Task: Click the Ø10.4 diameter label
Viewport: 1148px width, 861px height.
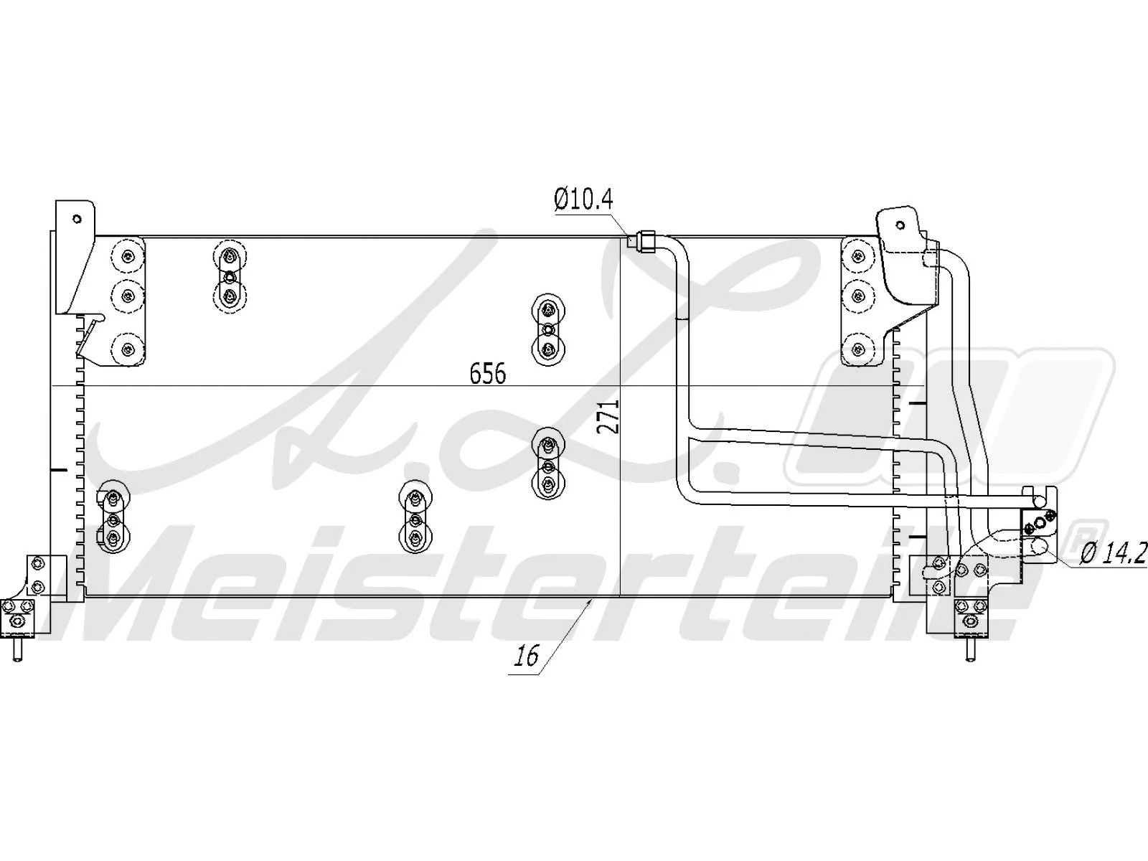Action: point(583,199)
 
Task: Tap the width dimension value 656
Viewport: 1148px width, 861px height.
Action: point(488,373)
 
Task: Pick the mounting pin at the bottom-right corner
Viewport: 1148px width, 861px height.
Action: point(970,650)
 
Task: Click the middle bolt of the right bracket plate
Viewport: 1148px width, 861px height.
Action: point(858,294)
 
